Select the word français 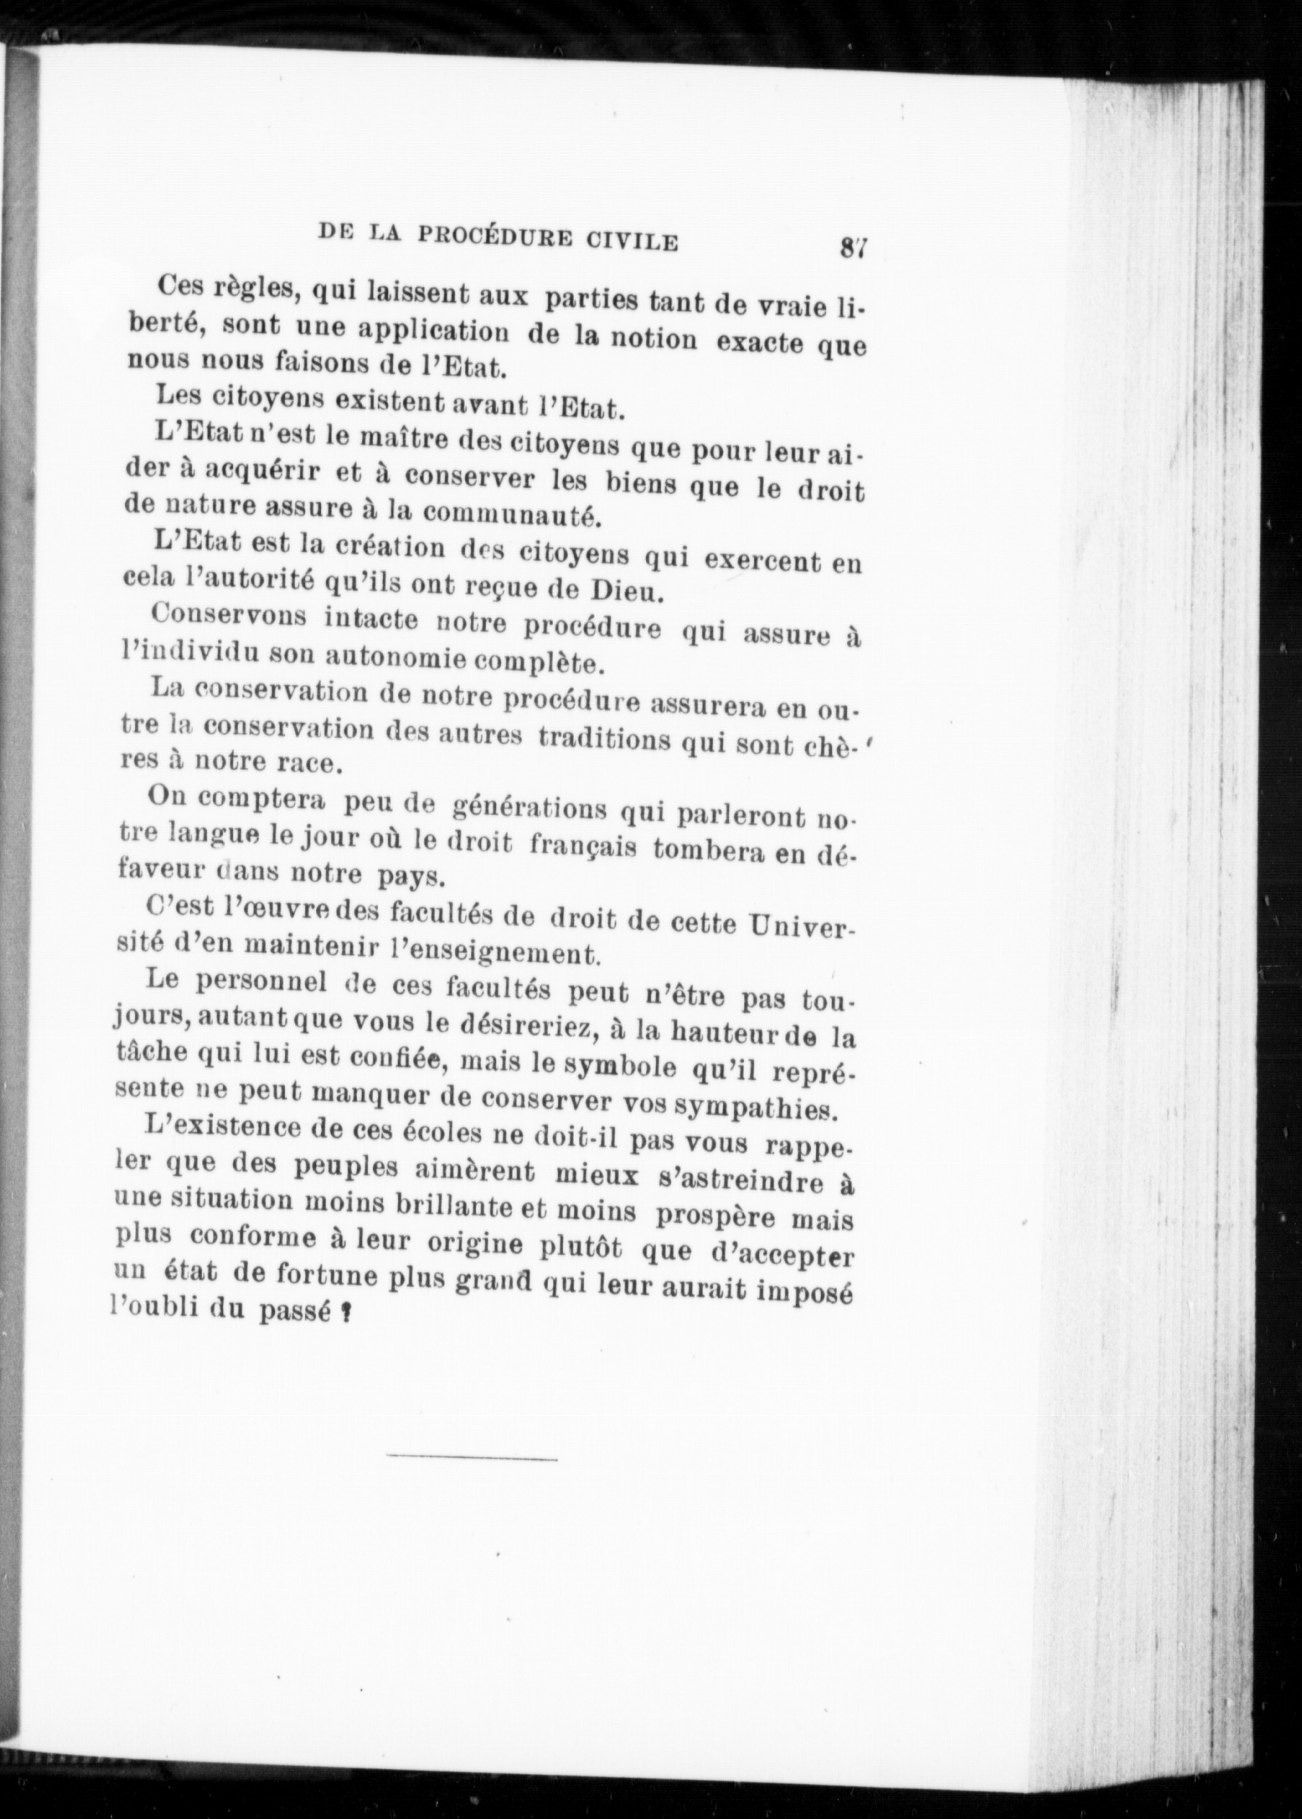click(x=583, y=849)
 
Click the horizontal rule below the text click(x=472, y=1453)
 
